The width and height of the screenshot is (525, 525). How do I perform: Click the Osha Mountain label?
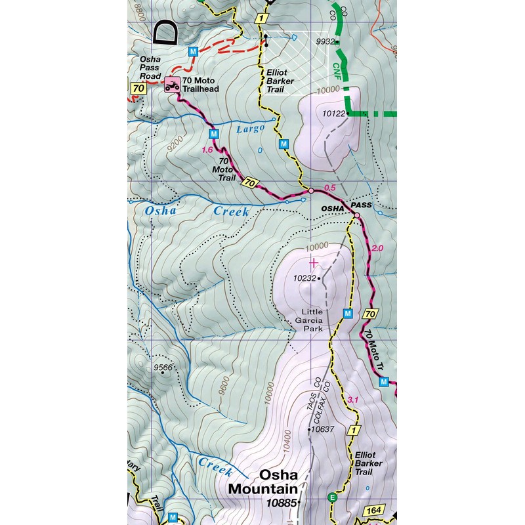click(263, 482)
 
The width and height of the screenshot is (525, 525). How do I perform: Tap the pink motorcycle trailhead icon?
click(173, 85)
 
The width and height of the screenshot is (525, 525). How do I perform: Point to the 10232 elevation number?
click(304, 278)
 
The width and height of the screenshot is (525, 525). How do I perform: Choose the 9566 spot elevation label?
click(162, 367)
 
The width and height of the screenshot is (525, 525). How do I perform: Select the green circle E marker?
click(332, 497)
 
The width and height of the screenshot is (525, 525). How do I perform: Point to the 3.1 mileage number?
click(352, 400)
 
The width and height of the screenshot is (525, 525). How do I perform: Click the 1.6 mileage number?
click(207, 150)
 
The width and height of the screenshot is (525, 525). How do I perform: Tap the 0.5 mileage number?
click(330, 188)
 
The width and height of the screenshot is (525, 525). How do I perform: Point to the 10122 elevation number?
click(333, 114)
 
